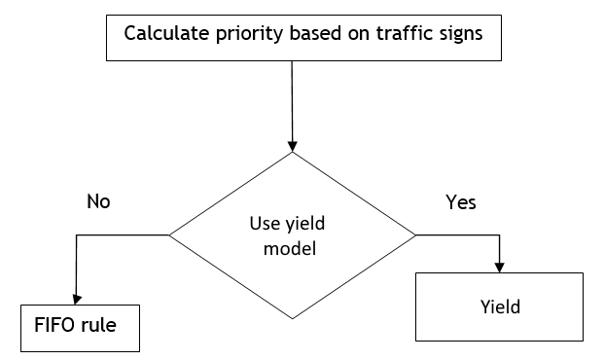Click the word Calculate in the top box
[x=165, y=34]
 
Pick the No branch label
[x=98, y=202]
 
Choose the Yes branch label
[x=460, y=202]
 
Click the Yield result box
[x=500, y=307]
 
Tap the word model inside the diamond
[x=293, y=248]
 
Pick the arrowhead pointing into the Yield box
[x=500, y=267]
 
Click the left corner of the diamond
[x=171, y=234]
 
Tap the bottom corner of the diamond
[x=293, y=317]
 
